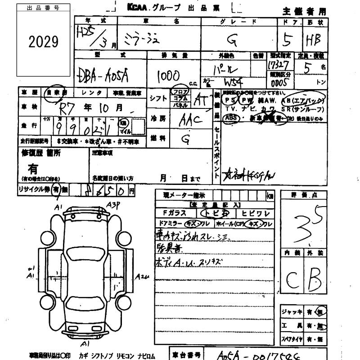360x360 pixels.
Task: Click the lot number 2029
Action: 44,42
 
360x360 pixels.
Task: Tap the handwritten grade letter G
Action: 233,40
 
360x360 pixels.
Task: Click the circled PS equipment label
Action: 230,100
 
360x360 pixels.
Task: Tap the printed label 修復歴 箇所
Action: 41,153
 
